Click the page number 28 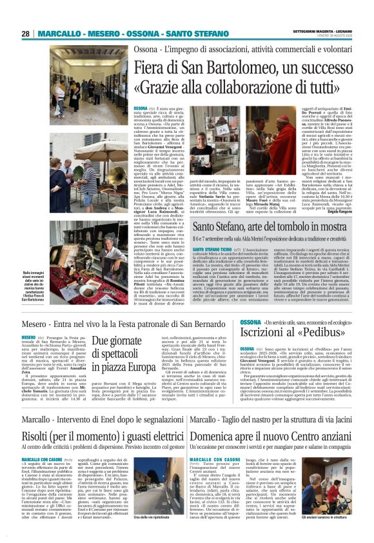click(x=25, y=34)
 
